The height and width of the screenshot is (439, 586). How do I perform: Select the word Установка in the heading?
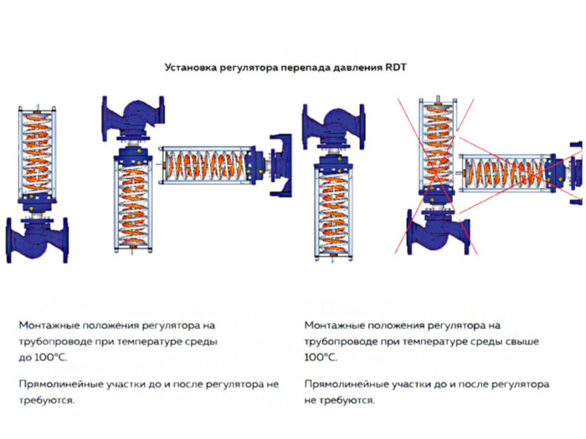point(190,68)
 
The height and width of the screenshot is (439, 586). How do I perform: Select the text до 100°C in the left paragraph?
point(43,358)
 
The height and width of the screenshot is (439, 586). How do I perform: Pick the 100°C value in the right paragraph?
point(321,358)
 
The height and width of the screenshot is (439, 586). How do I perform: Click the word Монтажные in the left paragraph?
point(49,325)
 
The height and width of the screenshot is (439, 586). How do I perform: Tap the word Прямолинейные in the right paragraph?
point(347,385)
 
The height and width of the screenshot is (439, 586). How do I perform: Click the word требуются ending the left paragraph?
point(46,401)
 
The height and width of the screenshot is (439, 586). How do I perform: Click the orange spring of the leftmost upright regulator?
point(36,152)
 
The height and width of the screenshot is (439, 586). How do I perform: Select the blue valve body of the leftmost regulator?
point(36,240)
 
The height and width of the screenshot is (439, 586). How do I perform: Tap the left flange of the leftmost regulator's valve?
point(9,241)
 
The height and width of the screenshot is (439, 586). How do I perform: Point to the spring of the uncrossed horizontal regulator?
point(206,166)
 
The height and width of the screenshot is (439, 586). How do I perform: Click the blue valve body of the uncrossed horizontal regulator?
point(280,165)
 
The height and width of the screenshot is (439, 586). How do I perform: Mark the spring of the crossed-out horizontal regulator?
point(504,173)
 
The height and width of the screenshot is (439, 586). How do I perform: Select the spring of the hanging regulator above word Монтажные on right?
point(334,213)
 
